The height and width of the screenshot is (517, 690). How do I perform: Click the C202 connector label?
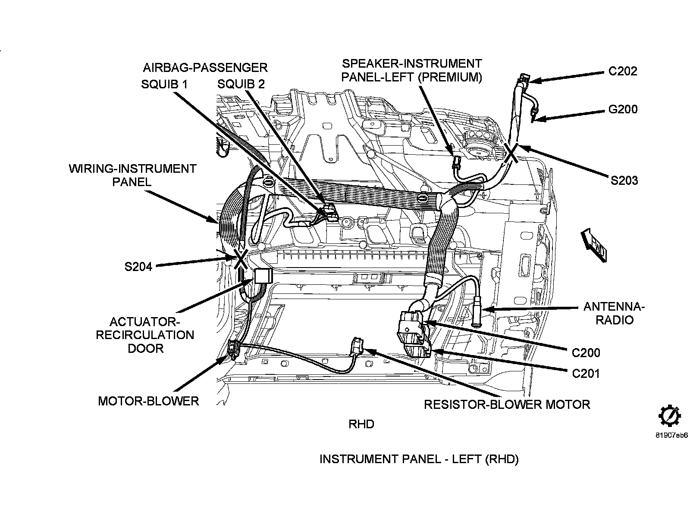coord(622,71)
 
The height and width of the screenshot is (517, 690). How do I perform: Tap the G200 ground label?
coord(623,109)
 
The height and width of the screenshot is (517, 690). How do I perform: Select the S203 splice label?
coord(624,181)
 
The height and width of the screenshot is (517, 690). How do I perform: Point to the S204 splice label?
coord(138,267)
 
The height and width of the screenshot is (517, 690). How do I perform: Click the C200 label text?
coord(586,353)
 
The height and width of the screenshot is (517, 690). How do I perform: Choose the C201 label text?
coord(586,374)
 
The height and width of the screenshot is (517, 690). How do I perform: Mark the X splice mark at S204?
coord(241,259)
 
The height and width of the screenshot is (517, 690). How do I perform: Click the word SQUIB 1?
coord(164,84)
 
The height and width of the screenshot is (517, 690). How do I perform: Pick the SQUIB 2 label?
coord(241,84)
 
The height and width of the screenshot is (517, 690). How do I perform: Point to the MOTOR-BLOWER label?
coord(148,401)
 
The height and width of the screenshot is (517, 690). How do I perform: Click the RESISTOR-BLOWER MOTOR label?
coord(507,405)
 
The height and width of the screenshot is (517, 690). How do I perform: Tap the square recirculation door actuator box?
coord(263,276)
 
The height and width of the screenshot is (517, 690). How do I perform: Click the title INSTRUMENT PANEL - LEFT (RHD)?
coord(419,459)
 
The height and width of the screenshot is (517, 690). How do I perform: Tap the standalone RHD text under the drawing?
coord(361,424)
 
